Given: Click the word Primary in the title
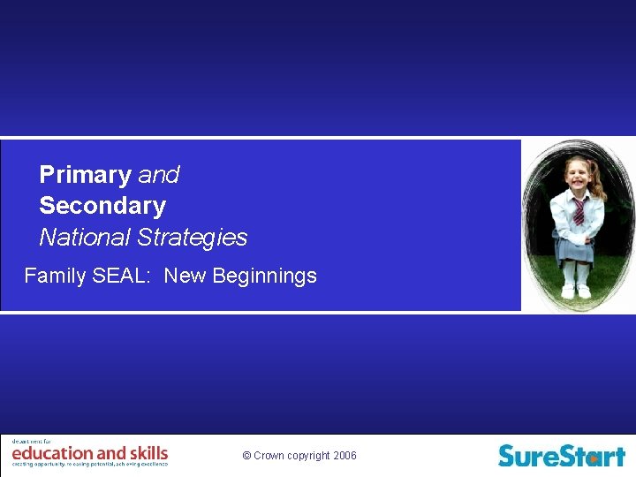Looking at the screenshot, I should [86, 175].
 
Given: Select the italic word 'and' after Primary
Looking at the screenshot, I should [159, 175].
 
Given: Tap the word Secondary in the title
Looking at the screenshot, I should [102, 206].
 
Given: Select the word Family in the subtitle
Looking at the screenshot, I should [55, 276].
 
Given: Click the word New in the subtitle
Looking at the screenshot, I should [185, 276].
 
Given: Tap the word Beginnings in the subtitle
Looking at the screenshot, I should [264, 276].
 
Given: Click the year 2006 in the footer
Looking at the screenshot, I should [345, 456].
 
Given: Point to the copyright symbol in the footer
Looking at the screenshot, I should [246, 456].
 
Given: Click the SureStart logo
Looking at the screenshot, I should [561, 455].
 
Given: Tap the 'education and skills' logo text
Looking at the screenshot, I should [89, 453].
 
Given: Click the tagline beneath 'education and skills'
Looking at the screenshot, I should [89, 464].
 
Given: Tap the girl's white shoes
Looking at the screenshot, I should [576, 291].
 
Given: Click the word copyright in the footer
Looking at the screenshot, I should [307, 456].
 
